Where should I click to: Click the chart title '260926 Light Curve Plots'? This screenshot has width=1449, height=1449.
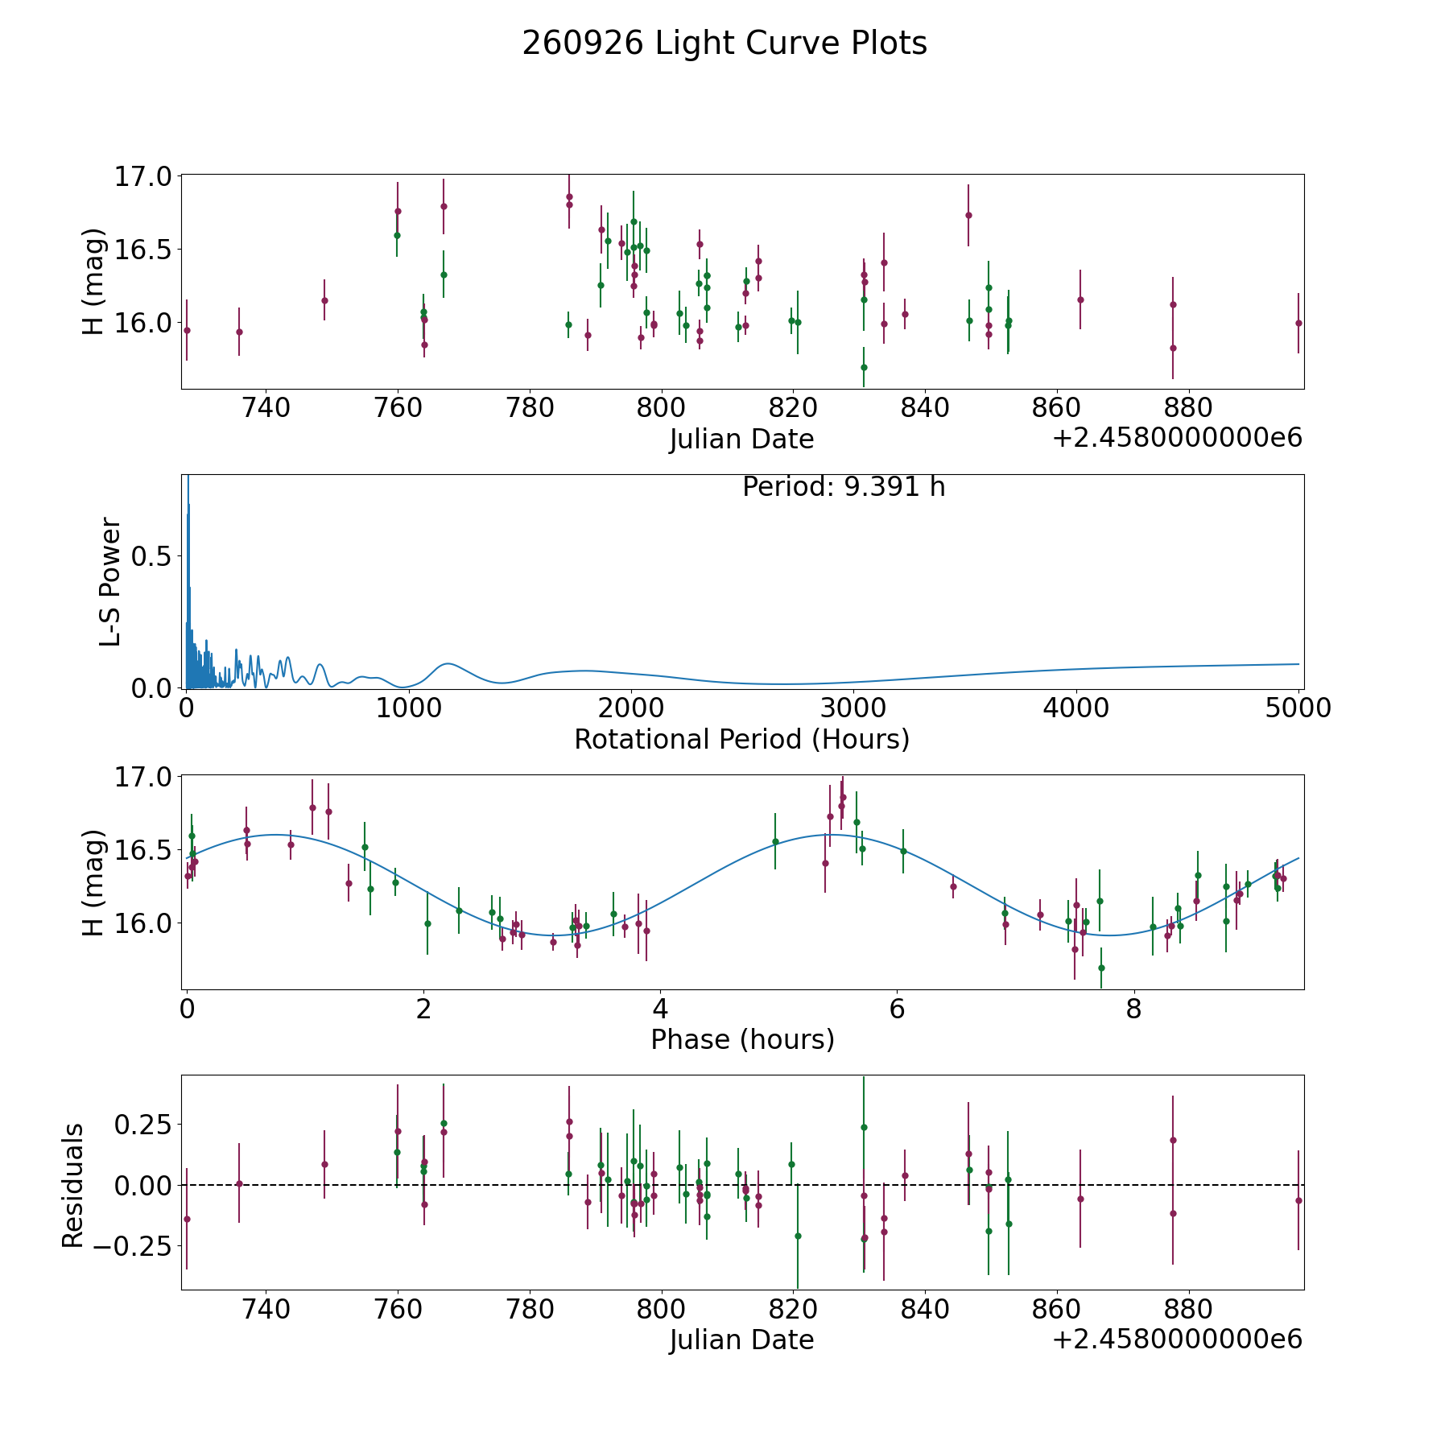coord(724,43)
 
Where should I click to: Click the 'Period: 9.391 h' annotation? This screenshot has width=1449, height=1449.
coord(844,487)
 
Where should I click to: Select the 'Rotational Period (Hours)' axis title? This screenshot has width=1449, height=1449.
coord(741,739)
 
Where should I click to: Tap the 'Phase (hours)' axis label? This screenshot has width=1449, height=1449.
coord(742,1039)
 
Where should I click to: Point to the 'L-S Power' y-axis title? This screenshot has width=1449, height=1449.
coord(110,581)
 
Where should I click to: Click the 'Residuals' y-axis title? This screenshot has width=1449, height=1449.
coord(73,1185)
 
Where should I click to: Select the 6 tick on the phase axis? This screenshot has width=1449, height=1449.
coord(897,1009)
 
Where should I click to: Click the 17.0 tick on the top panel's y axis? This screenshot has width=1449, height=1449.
coord(143,175)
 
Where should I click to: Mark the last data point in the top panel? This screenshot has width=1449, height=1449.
coord(1298,323)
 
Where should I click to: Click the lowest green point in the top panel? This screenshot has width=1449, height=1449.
coord(864,367)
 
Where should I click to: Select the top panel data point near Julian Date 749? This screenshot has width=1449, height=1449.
coord(324,300)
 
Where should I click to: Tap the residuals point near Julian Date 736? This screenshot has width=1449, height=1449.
coord(239,1183)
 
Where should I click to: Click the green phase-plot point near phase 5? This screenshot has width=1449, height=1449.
coord(775,841)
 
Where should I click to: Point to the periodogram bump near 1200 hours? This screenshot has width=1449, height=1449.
coord(448,664)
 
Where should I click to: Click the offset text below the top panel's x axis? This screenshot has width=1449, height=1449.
coord(1177,438)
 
